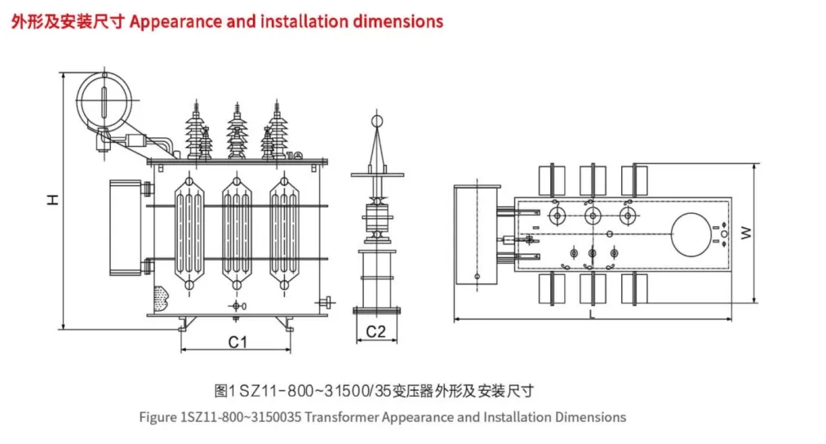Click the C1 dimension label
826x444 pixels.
tap(238, 342)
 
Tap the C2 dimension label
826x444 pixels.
tap(375, 331)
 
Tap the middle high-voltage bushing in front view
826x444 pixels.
tap(238, 131)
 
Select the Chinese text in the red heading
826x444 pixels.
tap(68, 21)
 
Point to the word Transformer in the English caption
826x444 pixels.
tap(342, 417)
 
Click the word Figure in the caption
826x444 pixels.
tap(157, 417)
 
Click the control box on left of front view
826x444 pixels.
tap(127, 228)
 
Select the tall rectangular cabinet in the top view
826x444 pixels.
tap(477, 234)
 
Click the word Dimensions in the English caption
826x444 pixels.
tap(590, 417)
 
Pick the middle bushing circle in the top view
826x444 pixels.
tap(593, 215)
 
